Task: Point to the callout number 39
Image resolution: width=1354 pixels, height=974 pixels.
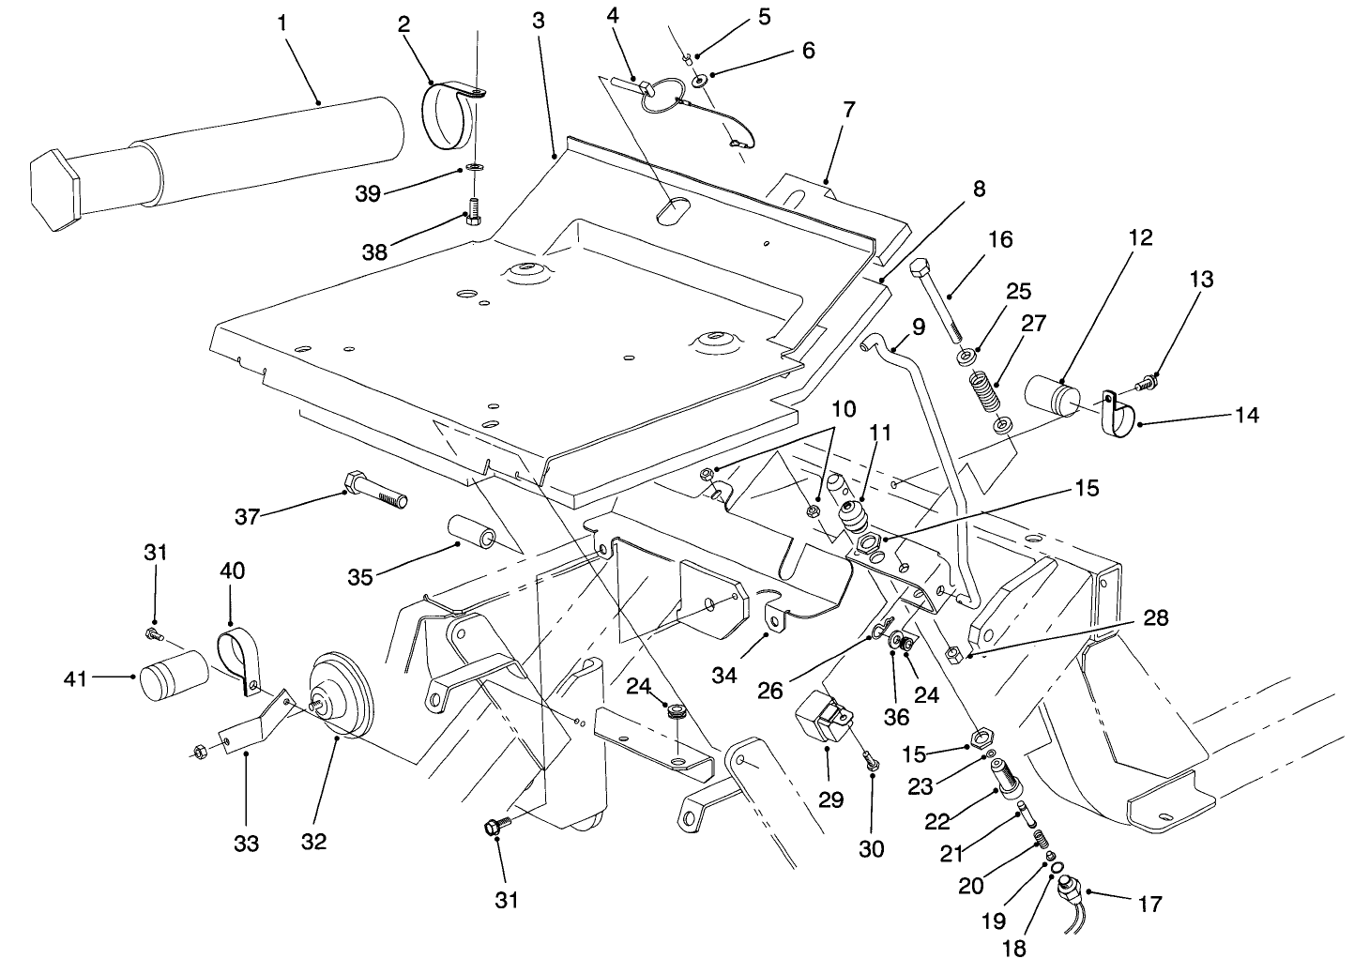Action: coord(369,193)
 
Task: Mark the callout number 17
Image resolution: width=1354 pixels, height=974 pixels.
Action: coord(1149,904)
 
